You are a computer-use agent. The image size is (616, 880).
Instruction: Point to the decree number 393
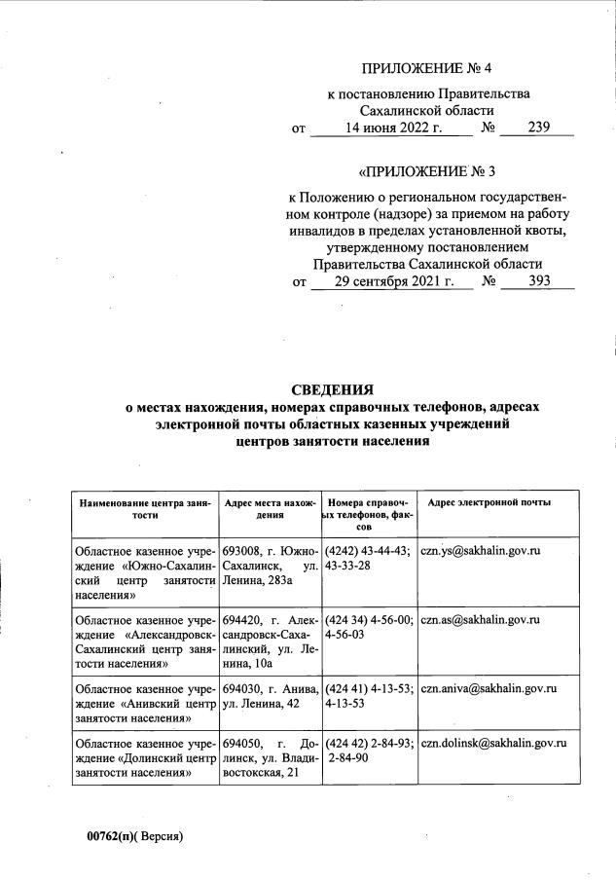coord(538,281)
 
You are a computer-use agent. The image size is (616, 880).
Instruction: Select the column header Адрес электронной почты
coord(489,502)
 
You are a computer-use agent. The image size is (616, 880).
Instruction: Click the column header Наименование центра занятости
coord(145,508)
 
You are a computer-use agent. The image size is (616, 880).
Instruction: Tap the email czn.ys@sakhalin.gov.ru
coord(481,551)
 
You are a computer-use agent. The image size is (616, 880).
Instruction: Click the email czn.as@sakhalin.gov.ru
coord(481,619)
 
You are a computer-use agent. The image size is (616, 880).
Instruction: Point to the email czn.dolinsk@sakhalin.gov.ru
coord(493,743)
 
